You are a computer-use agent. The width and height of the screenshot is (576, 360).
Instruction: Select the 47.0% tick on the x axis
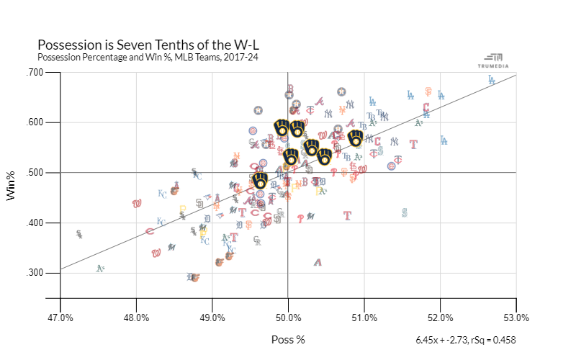tap(60, 317)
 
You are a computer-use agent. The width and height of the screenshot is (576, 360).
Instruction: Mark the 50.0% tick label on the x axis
tap(289, 317)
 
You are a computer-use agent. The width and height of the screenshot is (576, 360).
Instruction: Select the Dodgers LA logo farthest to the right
tap(491, 80)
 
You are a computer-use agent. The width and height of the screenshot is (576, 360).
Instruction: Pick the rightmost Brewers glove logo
tap(356, 138)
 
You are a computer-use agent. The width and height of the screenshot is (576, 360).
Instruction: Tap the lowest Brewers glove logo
tap(261, 181)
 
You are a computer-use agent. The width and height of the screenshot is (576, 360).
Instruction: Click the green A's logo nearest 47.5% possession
tap(101, 269)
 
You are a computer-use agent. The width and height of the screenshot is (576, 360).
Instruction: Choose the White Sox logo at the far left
tap(79, 235)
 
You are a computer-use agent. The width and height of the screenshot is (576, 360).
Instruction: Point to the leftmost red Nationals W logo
tap(137, 203)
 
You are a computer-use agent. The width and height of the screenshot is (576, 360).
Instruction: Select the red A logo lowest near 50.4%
tap(318, 262)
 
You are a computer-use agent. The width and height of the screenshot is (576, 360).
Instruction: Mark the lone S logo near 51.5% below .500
tap(405, 212)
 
